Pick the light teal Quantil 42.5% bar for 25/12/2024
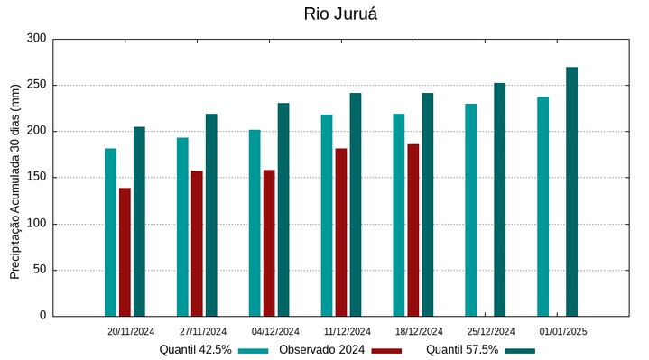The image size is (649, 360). coord(471,209)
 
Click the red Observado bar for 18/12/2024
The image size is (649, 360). coord(413,230)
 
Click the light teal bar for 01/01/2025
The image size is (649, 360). coord(542,206)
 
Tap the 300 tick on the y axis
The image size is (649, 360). coord(36,39)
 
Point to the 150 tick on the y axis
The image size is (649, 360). coord(36,178)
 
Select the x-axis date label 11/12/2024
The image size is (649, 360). coord(348,332)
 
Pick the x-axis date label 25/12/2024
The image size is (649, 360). coord(492,332)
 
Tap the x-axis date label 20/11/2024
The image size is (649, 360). coord(131,332)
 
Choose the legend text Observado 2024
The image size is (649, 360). coord(321,350)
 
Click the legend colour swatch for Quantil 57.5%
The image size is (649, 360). coord(519,350)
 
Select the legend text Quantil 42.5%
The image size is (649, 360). coord(196,350)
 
